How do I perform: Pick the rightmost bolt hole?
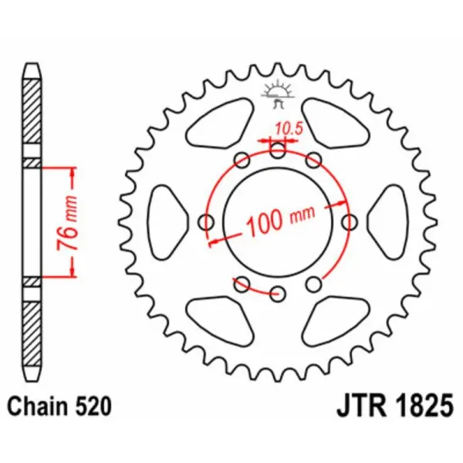click(x=350, y=222)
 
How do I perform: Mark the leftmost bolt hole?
click(x=206, y=222)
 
